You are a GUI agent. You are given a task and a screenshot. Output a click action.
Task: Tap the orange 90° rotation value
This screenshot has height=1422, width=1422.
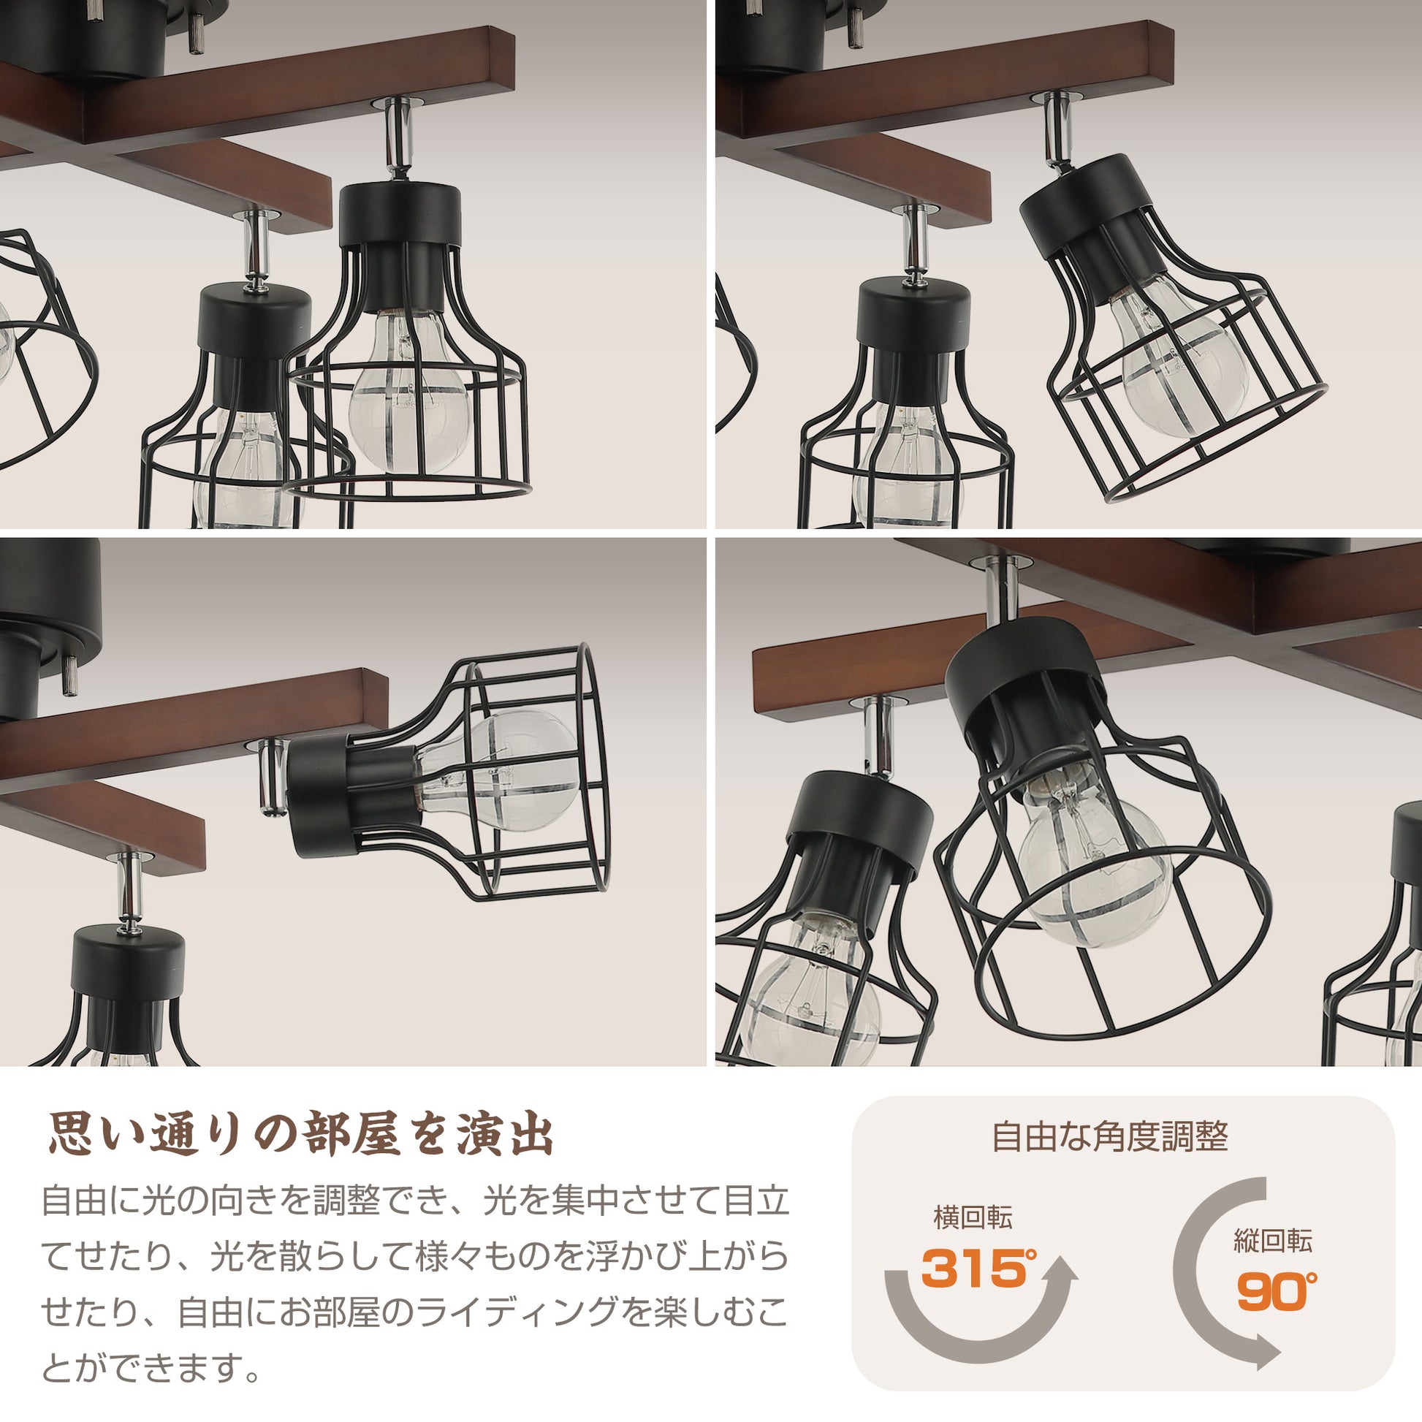(1277, 1289)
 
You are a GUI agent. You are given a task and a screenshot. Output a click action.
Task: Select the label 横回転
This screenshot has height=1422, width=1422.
(973, 1218)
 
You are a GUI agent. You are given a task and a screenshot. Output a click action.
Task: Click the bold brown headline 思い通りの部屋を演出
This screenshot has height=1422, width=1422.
(300, 1137)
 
